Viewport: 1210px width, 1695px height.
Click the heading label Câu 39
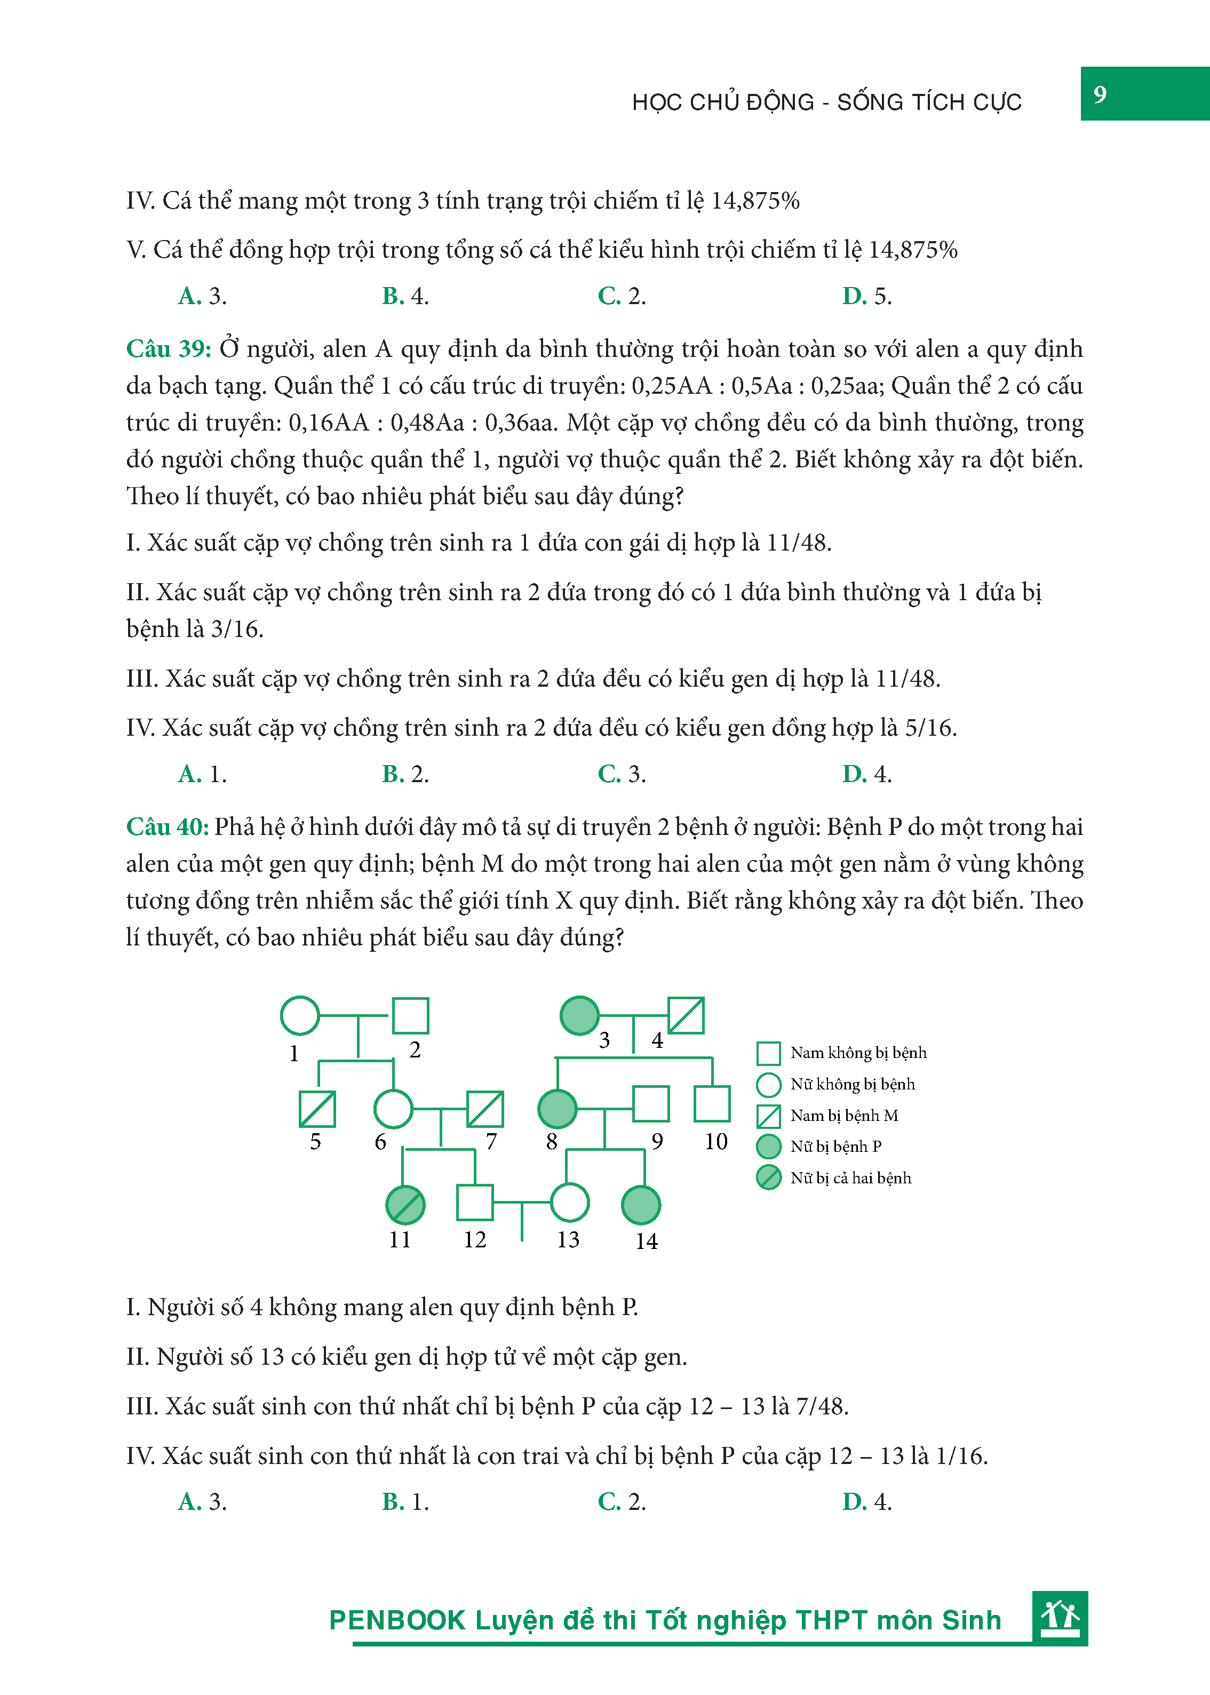click(169, 349)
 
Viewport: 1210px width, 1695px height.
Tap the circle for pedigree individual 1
click(299, 1015)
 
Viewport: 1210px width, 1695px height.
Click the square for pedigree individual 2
click(411, 1015)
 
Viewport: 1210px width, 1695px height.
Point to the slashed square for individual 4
click(686, 1015)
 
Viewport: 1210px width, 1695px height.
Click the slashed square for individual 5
click(317, 1109)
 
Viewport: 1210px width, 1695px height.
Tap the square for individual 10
click(712, 1103)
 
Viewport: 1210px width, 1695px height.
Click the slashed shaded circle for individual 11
click(405, 1205)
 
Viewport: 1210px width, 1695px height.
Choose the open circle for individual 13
click(569, 1203)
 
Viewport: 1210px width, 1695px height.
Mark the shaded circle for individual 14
click(641, 1205)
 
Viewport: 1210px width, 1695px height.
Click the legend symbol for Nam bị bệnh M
click(768, 1116)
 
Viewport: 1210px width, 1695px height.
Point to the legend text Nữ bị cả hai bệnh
click(850, 1178)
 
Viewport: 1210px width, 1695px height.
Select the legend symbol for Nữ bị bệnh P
click(768, 1147)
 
